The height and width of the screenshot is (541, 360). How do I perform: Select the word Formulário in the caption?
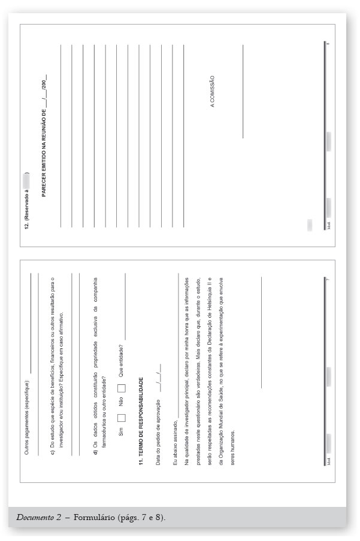[x=96, y=517]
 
